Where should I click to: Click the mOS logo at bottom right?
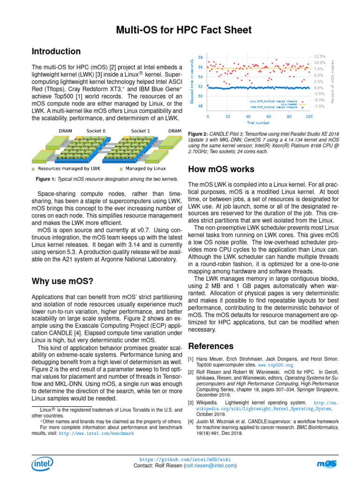point(326,464)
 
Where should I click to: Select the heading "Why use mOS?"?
point(62,281)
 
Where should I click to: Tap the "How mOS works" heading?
point(221,169)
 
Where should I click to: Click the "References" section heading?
point(210,346)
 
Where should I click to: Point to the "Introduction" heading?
point(56,52)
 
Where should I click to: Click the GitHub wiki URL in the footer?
point(185,460)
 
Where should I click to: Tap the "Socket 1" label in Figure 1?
point(141,131)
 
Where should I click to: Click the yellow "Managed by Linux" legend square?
point(121,168)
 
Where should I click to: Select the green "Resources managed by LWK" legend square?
point(33,168)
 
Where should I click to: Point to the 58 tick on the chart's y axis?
point(201,57)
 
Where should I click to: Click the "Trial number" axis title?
point(258,123)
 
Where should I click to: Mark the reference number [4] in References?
point(191,421)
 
